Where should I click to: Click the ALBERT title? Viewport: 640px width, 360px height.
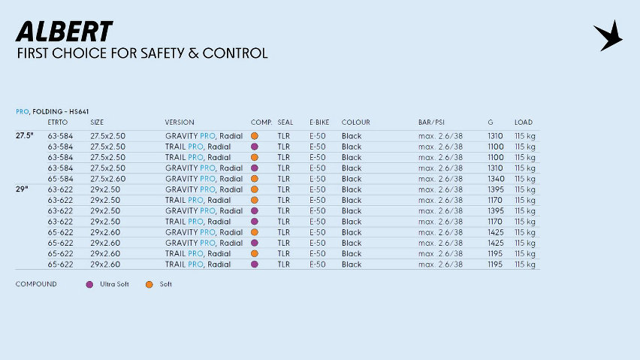[x=64, y=32]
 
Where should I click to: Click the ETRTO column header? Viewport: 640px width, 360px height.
[x=59, y=123]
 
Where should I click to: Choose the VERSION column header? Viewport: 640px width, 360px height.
[x=180, y=123]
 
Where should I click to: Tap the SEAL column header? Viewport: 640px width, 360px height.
[x=285, y=123]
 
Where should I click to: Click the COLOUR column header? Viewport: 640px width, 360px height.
[x=355, y=123]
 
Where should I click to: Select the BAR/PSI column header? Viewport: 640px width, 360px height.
[x=433, y=123]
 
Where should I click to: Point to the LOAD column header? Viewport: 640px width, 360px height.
[x=524, y=123]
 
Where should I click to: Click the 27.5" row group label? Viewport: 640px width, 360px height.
[x=25, y=136]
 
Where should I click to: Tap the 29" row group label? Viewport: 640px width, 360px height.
[x=22, y=189]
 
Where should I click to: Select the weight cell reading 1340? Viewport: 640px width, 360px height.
[x=495, y=179]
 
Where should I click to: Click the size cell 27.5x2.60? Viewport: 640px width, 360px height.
[x=107, y=179]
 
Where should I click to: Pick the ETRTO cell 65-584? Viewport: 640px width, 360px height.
[x=60, y=179]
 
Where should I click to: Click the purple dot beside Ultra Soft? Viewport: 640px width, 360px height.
[x=89, y=284]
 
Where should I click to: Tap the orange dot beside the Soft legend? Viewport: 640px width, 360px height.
[x=149, y=284]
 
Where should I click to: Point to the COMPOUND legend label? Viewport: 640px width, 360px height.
[x=36, y=284]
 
